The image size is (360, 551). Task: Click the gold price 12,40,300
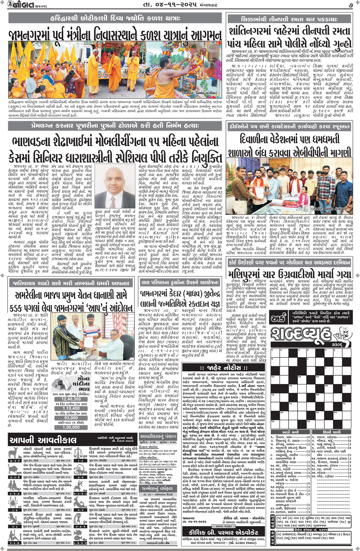click(71, 399)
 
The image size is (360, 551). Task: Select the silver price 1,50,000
click(71, 427)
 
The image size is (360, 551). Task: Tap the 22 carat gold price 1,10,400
click(71, 408)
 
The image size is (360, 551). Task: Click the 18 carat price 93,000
click(71, 418)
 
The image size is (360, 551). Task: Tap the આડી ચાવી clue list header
click(290, 432)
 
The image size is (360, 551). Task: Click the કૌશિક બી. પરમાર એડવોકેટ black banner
click(223, 532)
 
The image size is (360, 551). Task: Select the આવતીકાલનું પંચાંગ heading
click(158, 436)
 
